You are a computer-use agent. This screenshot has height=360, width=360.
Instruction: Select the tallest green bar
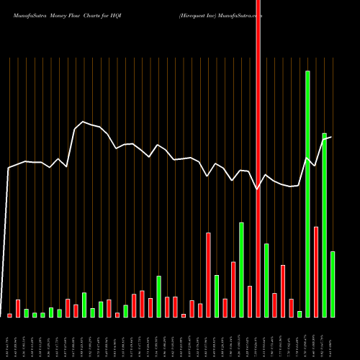pos(307,194)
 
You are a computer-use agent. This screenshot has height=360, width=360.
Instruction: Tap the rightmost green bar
pos(333,284)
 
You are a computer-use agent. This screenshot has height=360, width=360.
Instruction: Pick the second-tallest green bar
pos(324,225)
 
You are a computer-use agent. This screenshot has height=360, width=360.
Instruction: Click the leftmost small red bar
pos(9,315)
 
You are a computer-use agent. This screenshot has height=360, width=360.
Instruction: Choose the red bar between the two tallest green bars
pos(316,271)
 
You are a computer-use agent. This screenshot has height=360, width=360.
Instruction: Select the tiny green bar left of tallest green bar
pos(300,314)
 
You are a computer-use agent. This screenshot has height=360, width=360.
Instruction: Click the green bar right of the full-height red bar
pos(266,280)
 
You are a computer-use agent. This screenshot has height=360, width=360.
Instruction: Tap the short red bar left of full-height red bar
pos(250,301)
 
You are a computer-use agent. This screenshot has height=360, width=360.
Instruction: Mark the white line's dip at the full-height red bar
pos(258,189)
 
